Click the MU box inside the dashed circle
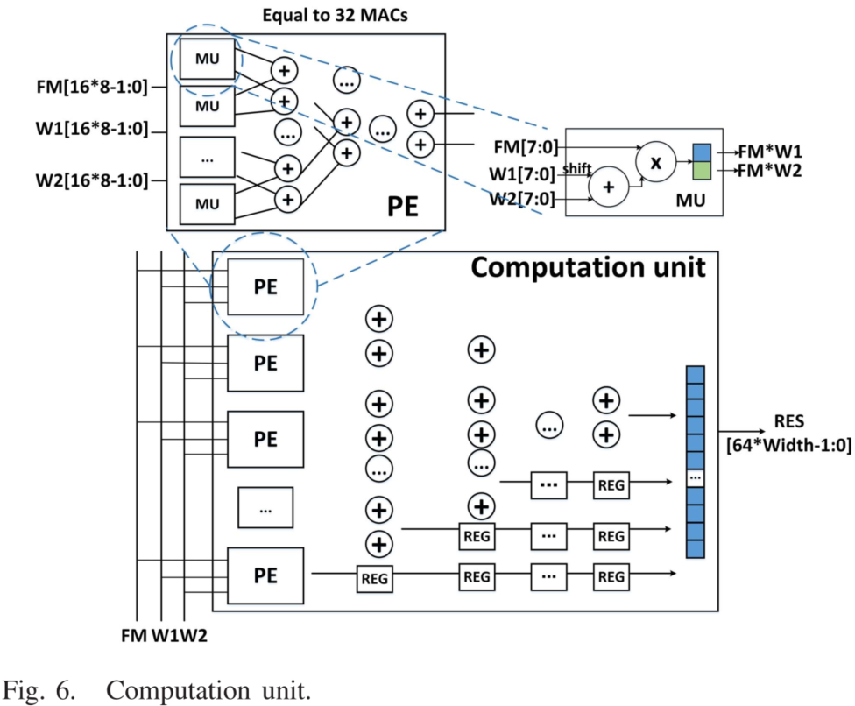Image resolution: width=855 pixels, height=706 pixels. (x=208, y=59)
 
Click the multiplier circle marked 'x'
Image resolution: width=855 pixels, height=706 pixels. (x=654, y=163)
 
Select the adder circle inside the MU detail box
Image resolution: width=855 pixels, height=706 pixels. (x=611, y=187)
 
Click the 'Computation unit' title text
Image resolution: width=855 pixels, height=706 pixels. (x=588, y=266)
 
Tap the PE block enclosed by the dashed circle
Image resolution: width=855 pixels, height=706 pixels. (x=265, y=286)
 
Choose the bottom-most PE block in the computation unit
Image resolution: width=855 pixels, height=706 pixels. (x=265, y=575)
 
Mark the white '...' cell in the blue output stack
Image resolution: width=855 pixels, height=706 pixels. (x=695, y=478)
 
